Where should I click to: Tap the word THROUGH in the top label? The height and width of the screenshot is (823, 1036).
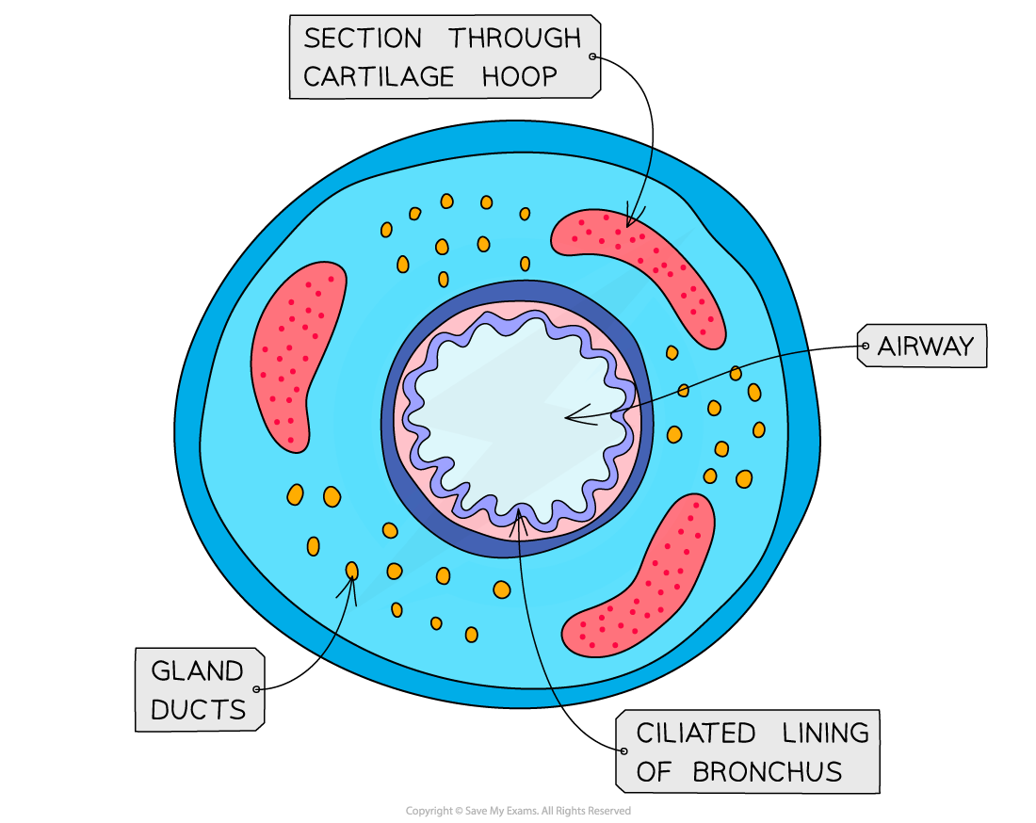pyautogui.click(x=514, y=39)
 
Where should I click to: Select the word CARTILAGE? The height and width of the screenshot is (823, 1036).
pyautogui.click(x=380, y=77)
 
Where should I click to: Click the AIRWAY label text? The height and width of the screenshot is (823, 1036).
pyautogui.click(x=925, y=347)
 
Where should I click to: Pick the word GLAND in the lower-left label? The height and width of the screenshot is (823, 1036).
pyautogui.click(x=197, y=671)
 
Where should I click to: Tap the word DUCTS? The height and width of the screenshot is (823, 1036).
pyautogui.click(x=198, y=710)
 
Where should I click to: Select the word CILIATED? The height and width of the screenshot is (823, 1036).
pyautogui.click(x=695, y=733)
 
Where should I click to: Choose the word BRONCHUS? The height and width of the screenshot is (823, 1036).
pyautogui.click(x=767, y=772)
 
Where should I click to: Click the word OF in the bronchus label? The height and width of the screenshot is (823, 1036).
pyautogui.click(x=654, y=772)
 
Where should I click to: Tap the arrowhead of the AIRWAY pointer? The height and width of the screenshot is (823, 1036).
pyautogui.click(x=568, y=417)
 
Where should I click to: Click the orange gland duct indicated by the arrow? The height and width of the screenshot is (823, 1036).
pyautogui.click(x=352, y=571)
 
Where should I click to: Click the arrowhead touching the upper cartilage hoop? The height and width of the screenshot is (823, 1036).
pyautogui.click(x=630, y=222)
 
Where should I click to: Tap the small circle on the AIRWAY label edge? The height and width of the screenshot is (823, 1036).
pyautogui.click(x=864, y=347)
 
